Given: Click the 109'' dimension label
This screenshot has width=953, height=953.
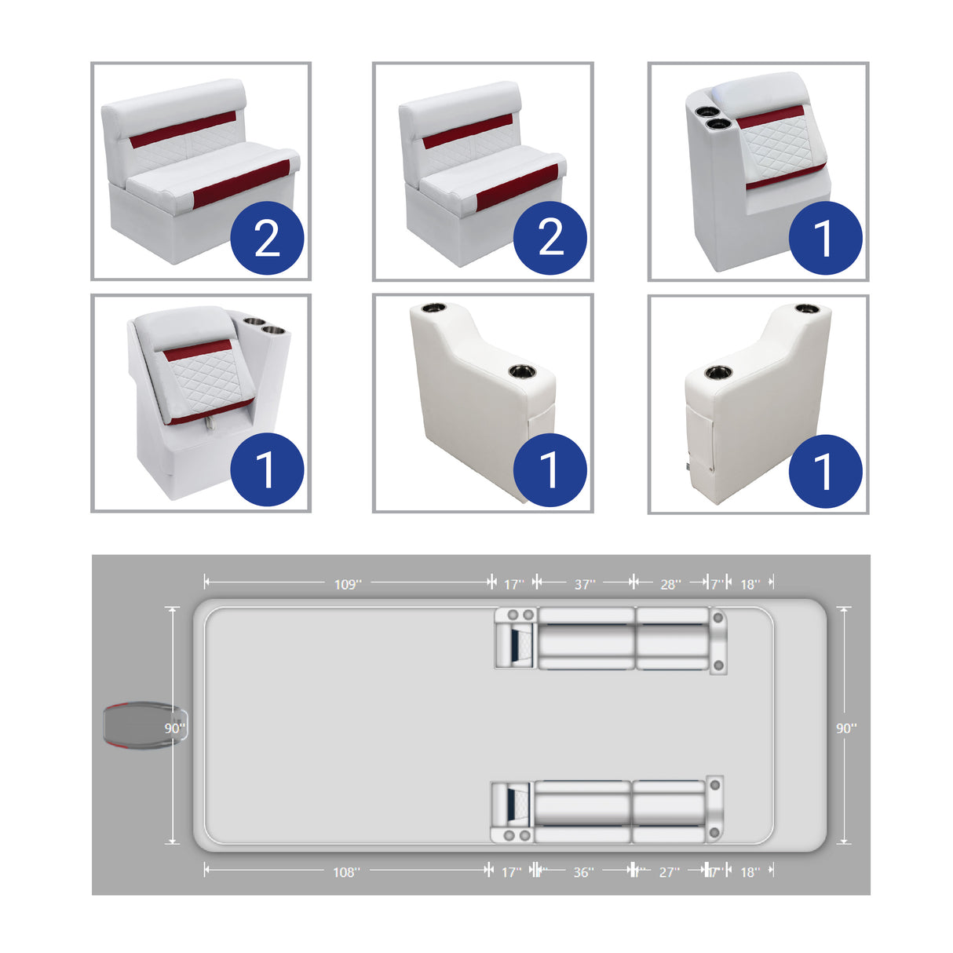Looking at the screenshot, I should pos(347,584).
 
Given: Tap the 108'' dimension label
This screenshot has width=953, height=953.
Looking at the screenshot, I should pos(346,872).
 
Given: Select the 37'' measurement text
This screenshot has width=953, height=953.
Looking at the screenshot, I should pos(584,584).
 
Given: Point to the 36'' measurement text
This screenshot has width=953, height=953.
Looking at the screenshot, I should pos(582,872).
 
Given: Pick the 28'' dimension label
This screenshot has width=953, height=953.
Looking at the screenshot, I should pos(670,584).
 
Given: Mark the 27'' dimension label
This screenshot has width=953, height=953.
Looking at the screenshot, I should pos(669,872).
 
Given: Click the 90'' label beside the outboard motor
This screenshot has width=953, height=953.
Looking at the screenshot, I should pos(174,728).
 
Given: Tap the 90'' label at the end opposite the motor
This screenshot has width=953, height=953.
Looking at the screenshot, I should pos(845,728).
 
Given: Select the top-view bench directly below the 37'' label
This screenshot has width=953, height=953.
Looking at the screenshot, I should pos(586,638).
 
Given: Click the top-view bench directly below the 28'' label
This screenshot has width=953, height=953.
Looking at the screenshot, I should pos(672,638).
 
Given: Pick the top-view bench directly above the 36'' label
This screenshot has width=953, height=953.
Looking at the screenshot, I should pos(582,812).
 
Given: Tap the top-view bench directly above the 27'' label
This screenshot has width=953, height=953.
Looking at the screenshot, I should pos(669,812).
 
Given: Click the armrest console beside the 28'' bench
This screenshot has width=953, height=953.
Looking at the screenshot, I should pos(717,641).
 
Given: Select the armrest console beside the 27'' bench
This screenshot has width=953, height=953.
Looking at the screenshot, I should pos(714,809).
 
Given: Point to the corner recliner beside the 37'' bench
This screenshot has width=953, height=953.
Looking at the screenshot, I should pos(515,638).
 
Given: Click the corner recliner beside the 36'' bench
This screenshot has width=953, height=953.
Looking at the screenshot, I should pos(512,812).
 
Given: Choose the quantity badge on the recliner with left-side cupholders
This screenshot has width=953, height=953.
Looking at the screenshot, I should pos(825,238).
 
